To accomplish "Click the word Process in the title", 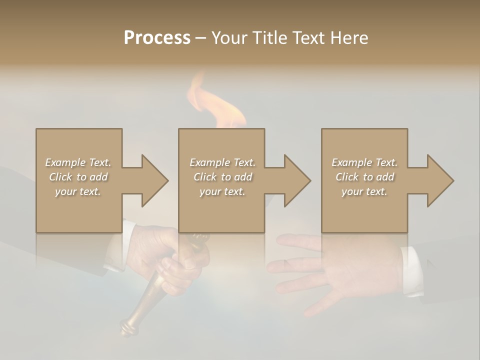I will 157,38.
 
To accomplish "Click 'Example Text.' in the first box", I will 78,162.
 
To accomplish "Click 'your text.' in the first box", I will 78,191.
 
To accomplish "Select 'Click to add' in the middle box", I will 222,177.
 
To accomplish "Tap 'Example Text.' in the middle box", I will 222,162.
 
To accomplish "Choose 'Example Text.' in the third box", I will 364,162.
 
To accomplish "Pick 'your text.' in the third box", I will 364,191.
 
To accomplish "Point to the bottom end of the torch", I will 127,328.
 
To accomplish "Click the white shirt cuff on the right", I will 412,270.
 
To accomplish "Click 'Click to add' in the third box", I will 364,177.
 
